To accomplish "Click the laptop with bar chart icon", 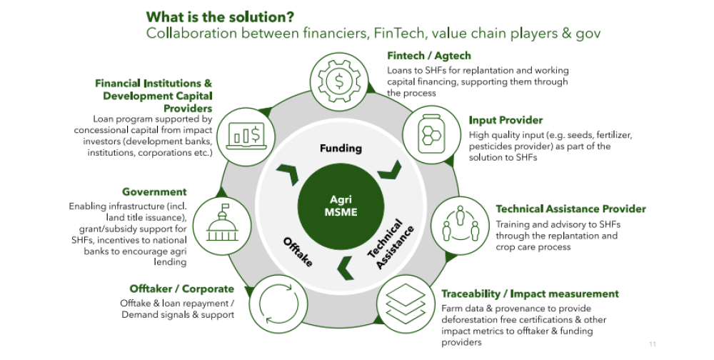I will click(245, 134).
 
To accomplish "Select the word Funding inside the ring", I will click(341, 149).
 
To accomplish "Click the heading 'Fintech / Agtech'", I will click(428, 56).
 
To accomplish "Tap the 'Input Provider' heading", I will click(506, 120).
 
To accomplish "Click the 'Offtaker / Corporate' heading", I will click(181, 289).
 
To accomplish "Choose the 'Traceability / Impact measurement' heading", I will click(530, 294).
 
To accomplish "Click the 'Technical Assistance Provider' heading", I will click(570, 209).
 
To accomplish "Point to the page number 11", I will click(653, 344).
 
